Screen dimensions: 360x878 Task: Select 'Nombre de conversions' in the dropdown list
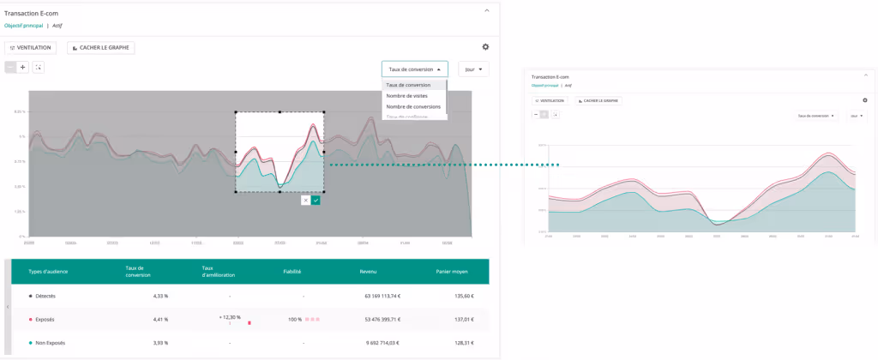(x=413, y=107)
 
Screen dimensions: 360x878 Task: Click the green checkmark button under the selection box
(x=316, y=200)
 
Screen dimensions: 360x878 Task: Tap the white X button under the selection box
(x=305, y=200)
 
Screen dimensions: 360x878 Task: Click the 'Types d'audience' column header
(x=48, y=272)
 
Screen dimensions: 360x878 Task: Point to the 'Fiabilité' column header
(x=292, y=272)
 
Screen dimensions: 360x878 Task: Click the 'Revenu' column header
(x=369, y=272)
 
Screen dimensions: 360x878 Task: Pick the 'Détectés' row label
(x=45, y=296)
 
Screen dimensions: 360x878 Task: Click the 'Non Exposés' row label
(x=50, y=343)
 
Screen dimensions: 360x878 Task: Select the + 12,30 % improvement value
(x=229, y=317)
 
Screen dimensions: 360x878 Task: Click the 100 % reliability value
(x=295, y=319)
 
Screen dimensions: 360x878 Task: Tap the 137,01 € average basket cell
(x=464, y=319)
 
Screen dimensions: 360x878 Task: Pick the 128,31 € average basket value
(x=464, y=343)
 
